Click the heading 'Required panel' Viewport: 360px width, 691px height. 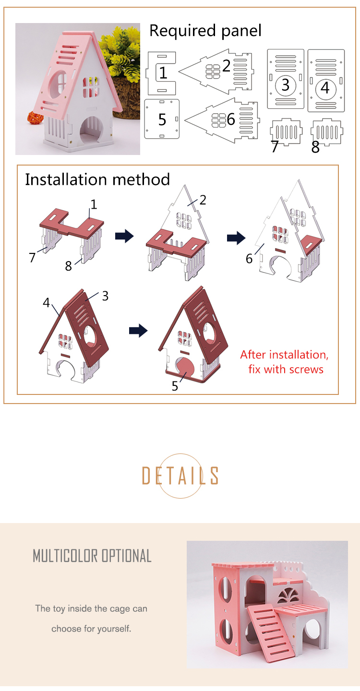[205, 31]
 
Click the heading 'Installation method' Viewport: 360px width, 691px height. [97, 179]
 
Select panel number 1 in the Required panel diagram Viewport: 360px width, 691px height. [162, 73]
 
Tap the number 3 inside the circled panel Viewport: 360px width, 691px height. [286, 85]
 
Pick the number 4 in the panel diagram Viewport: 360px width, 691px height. [325, 88]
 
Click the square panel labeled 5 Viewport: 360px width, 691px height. [162, 119]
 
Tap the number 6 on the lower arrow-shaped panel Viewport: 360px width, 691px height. [231, 119]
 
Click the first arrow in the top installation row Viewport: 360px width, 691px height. [124, 236]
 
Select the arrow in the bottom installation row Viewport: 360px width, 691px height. [138, 330]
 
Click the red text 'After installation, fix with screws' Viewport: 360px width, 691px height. [285, 362]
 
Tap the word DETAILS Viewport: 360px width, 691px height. [180, 476]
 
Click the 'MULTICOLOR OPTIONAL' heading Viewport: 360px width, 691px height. [92, 556]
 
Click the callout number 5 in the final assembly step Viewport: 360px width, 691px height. [175, 385]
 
